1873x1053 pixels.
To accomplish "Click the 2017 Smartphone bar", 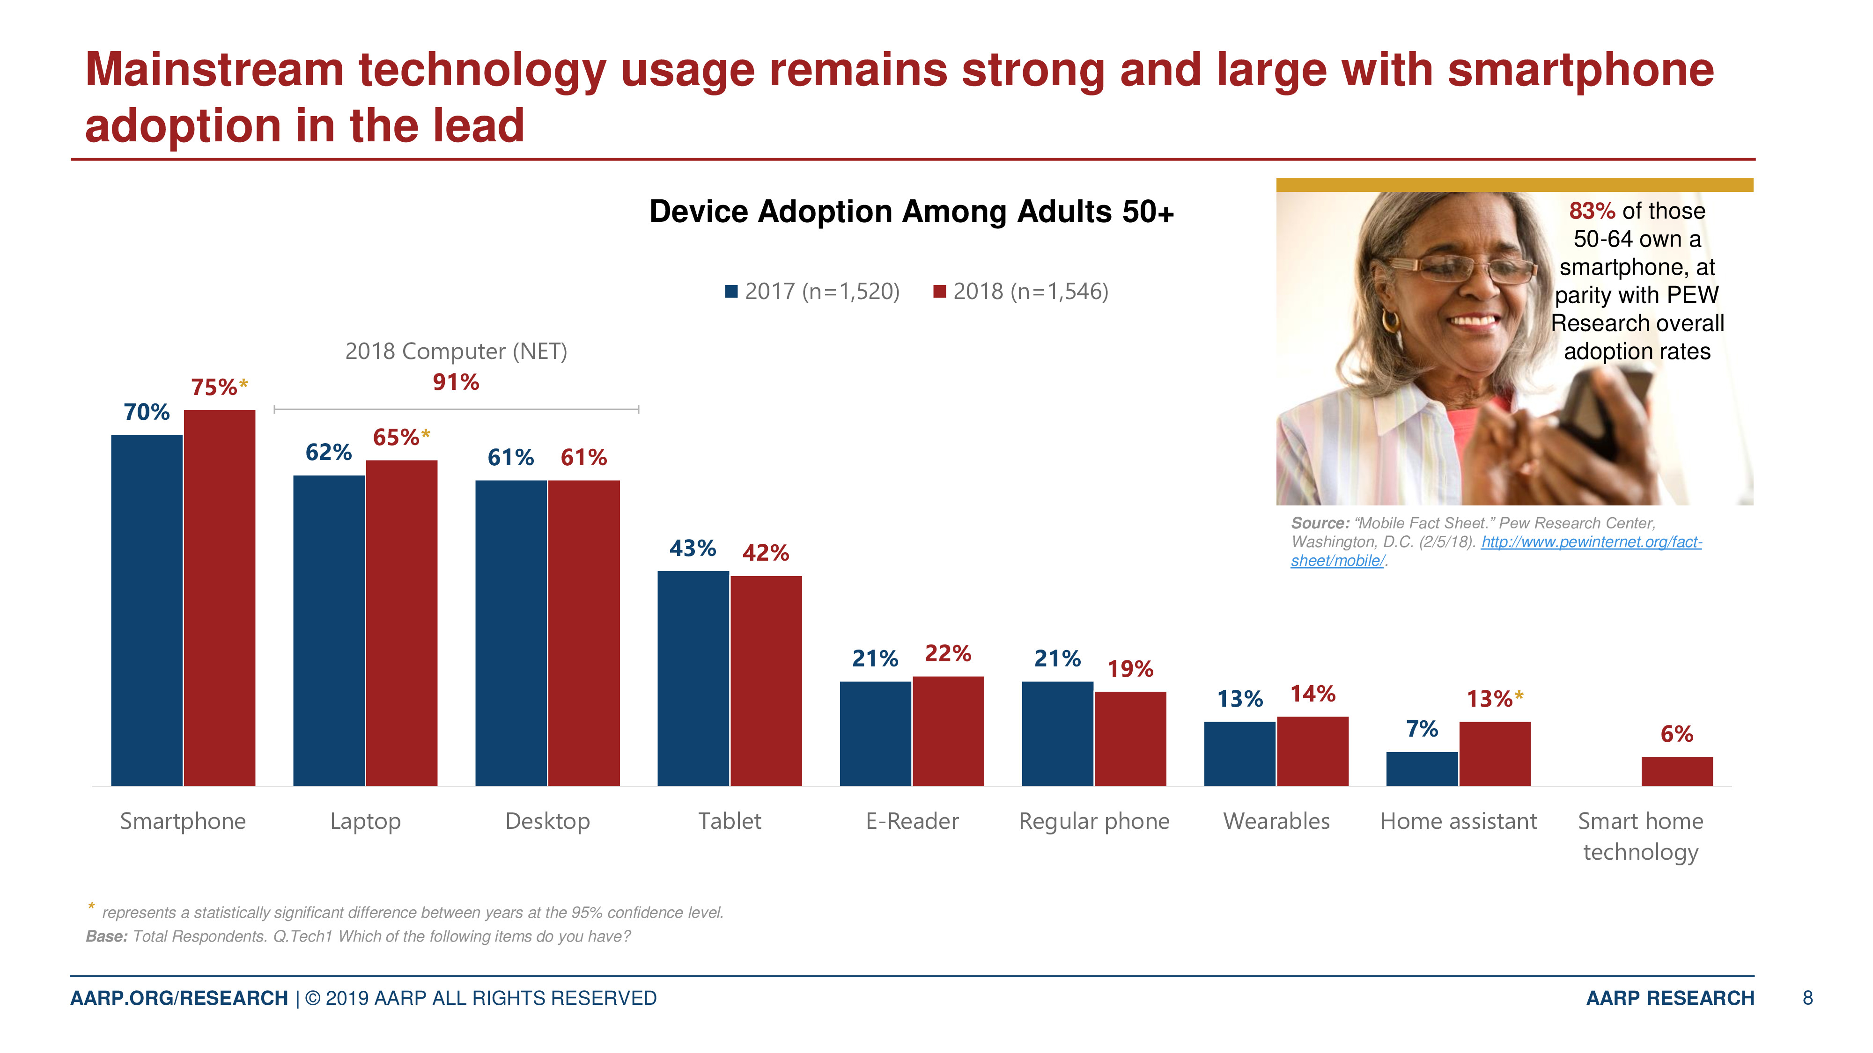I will click(x=147, y=610).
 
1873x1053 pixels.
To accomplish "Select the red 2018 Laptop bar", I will click(x=401, y=623).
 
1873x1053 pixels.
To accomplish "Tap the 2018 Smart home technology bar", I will click(x=1677, y=771).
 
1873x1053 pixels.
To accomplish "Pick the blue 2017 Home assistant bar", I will click(x=1422, y=769).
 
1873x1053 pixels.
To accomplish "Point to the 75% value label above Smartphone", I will click(x=214, y=387).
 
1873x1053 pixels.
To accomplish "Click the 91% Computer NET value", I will click(x=456, y=382).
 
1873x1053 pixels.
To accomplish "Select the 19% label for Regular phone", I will click(x=1130, y=669).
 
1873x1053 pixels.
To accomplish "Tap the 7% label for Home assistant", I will click(x=1422, y=728).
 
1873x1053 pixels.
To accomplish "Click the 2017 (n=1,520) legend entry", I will click(x=813, y=292).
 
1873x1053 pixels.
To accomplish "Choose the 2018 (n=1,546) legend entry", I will click(x=1022, y=292).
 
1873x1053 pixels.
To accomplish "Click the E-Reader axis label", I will click(x=912, y=821).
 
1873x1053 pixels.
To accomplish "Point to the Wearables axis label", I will click(x=1276, y=821).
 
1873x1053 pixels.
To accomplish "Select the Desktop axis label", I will click(x=547, y=821).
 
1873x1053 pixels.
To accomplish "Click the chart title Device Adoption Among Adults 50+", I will click(x=911, y=212).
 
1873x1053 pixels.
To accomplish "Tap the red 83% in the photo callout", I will click(x=1592, y=211).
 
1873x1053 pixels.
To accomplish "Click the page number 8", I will click(x=1807, y=998).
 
